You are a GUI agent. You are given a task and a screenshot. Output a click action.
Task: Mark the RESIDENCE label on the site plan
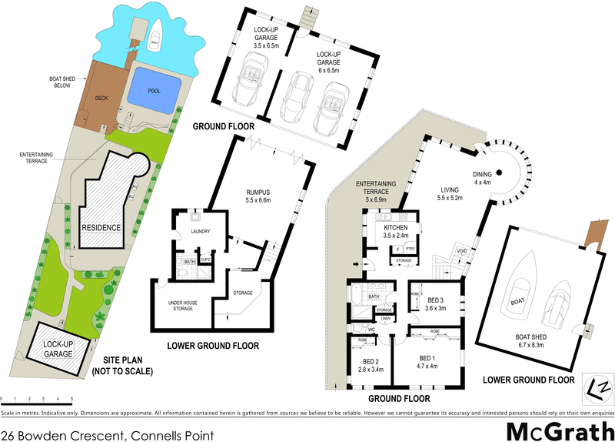(102, 228)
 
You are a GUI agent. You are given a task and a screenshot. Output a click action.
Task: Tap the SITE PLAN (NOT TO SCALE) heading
(122, 366)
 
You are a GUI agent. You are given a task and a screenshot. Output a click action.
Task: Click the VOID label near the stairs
(463, 250)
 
